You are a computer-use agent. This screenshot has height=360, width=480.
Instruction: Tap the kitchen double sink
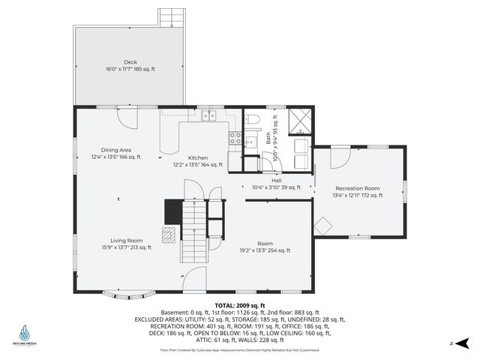pos(208,116)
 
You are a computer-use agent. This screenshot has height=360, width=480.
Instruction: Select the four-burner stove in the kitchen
pos(235,139)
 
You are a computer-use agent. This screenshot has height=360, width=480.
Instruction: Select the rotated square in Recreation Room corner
pos(323,225)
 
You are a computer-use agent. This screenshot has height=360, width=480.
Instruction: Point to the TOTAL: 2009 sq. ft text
pos(240,306)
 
